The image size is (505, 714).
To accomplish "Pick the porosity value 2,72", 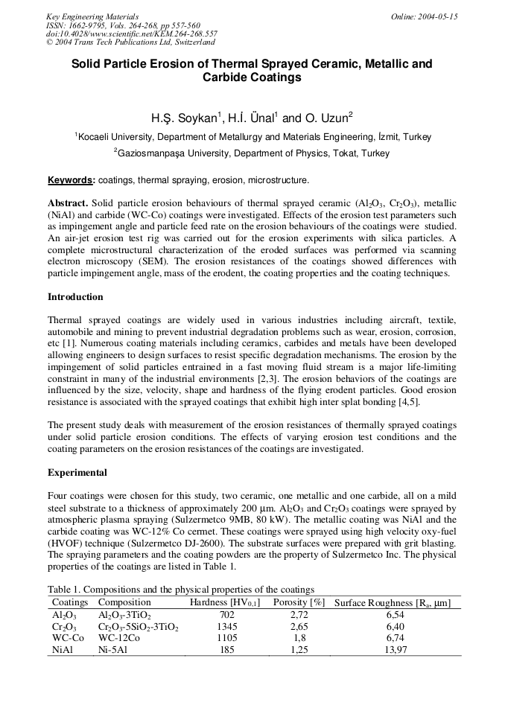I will pyautogui.click(x=299, y=616).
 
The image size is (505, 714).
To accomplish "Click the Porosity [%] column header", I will pyautogui.click(x=299, y=603).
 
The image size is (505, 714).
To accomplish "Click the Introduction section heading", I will pyautogui.click(x=75, y=297).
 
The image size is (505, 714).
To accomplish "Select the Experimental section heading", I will pyautogui.click(x=77, y=473).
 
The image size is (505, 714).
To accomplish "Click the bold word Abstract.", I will pyautogui.click(x=68, y=203).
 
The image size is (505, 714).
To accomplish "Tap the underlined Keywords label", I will pyautogui.click(x=72, y=180).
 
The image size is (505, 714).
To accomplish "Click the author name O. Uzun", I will pyautogui.click(x=328, y=118).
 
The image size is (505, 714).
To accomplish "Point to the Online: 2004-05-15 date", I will pyautogui.click(x=425, y=16).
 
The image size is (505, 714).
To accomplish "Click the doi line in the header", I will pyautogui.click(x=132, y=34).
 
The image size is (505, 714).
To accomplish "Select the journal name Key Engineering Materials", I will pyautogui.click(x=92, y=16).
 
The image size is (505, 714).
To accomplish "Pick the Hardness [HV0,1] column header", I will pyautogui.click(x=225, y=603).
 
